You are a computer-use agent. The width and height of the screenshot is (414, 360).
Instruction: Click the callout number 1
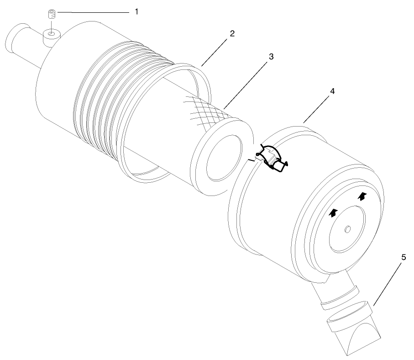point(136,12)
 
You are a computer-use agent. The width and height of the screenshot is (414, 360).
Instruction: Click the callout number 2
point(232,33)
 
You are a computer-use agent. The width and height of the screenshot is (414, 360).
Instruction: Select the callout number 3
point(271,57)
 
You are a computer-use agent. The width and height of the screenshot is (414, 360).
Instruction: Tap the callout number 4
point(332,91)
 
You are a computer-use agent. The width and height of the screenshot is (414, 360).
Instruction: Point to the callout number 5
point(404,257)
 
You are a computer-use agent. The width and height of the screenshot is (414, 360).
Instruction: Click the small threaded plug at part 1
point(52,14)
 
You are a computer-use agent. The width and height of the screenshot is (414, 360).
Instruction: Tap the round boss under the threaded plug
point(52,37)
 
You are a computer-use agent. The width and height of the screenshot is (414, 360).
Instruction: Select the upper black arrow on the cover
point(362,196)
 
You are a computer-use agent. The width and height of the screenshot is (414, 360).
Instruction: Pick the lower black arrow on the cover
point(334,212)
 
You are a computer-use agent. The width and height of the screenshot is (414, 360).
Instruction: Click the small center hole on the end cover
point(348,229)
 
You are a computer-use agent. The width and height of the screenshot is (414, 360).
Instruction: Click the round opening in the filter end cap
point(225,158)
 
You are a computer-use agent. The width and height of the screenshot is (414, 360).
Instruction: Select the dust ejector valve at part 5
point(354,328)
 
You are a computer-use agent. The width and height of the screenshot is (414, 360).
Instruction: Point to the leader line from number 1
point(93,12)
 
